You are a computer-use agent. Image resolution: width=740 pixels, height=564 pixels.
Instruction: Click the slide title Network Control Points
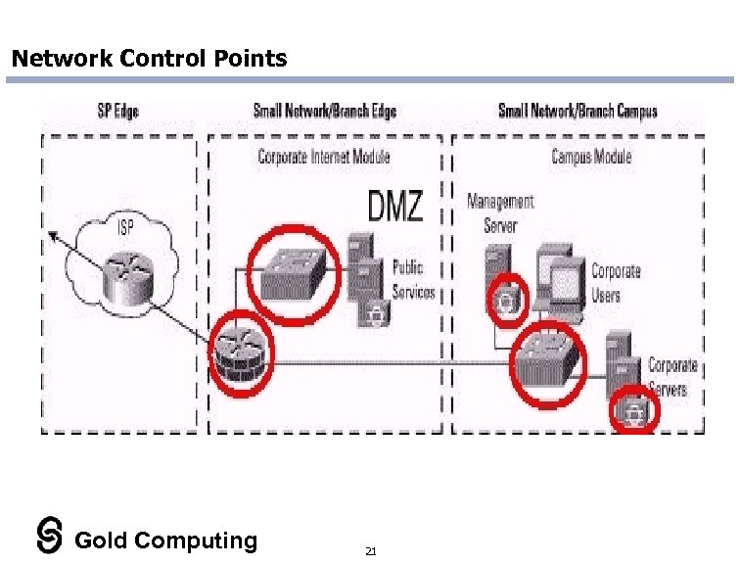[x=149, y=59]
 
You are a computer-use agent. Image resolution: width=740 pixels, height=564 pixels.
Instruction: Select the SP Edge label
[x=117, y=112]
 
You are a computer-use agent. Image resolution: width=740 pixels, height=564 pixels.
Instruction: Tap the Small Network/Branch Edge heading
[x=325, y=112]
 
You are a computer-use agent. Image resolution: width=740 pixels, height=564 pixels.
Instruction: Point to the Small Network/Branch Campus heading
[x=578, y=112]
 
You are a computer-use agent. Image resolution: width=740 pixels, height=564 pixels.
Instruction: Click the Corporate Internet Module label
[x=323, y=157]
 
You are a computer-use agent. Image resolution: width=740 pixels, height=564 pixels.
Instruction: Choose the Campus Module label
[x=591, y=157]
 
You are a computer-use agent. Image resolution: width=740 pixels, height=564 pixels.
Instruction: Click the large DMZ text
[x=395, y=207]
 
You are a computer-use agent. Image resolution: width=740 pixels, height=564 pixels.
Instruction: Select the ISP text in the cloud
[x=127, y=228]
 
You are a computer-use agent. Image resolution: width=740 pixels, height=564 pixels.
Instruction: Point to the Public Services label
[x=413, y=279]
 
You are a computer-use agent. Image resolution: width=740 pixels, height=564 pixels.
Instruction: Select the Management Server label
[x=500, y=213]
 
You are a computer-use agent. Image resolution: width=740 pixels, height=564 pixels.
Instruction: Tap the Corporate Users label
[x=616, y=283]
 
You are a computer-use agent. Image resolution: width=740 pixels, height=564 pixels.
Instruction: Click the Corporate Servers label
[x=672, y=377]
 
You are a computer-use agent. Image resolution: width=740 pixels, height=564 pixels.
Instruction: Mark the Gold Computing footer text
[x=165, y=540]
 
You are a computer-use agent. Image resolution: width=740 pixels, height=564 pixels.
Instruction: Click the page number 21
[x=370, y=552]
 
